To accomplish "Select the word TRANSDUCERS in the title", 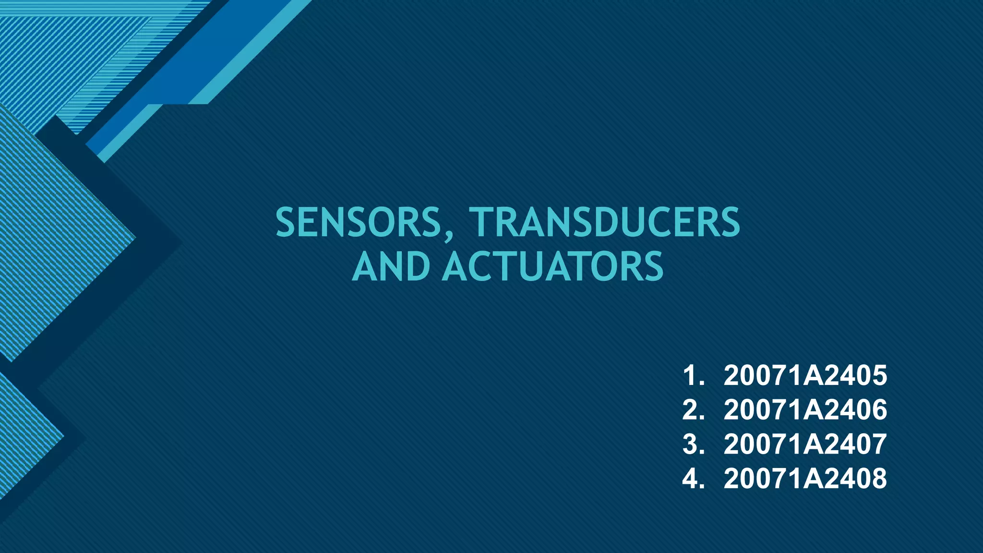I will tap(605, 222).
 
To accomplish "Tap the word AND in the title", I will tap(391, 267).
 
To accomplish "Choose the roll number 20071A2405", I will tap(805, 375).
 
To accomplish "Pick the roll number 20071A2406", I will tap(805, 410).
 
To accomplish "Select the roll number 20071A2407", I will tap(805, 444).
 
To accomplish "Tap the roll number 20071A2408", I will tap(805, 479).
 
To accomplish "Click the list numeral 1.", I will tap(690, 375).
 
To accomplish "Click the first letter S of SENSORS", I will tap(287, 222).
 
